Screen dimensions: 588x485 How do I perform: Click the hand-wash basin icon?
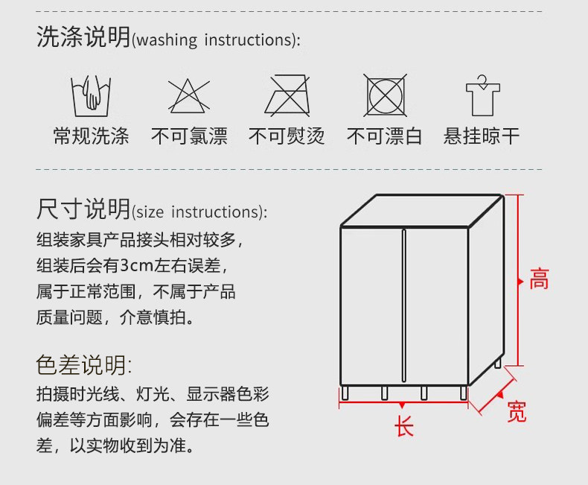91,96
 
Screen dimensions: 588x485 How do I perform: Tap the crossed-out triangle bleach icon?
188,96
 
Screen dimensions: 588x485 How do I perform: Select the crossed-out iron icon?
287,95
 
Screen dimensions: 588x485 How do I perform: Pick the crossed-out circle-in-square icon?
385,95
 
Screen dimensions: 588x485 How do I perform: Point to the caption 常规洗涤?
91,136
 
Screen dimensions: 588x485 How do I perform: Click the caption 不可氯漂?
189,136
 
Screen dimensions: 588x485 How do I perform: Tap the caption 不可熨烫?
287,136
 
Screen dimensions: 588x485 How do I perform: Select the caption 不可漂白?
385,136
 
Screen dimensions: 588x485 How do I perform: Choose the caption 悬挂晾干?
482,136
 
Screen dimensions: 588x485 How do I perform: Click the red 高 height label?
540,279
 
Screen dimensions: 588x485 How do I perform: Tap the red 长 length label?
404,426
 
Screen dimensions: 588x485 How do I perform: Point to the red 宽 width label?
517,411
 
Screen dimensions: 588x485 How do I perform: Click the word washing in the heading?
167,40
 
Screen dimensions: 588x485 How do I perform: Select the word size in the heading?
150,212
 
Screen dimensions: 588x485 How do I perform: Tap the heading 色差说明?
81,365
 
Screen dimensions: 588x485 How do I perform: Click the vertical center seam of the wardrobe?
404,305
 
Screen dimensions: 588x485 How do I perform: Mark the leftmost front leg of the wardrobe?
345,393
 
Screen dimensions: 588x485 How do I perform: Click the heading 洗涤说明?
83,37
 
